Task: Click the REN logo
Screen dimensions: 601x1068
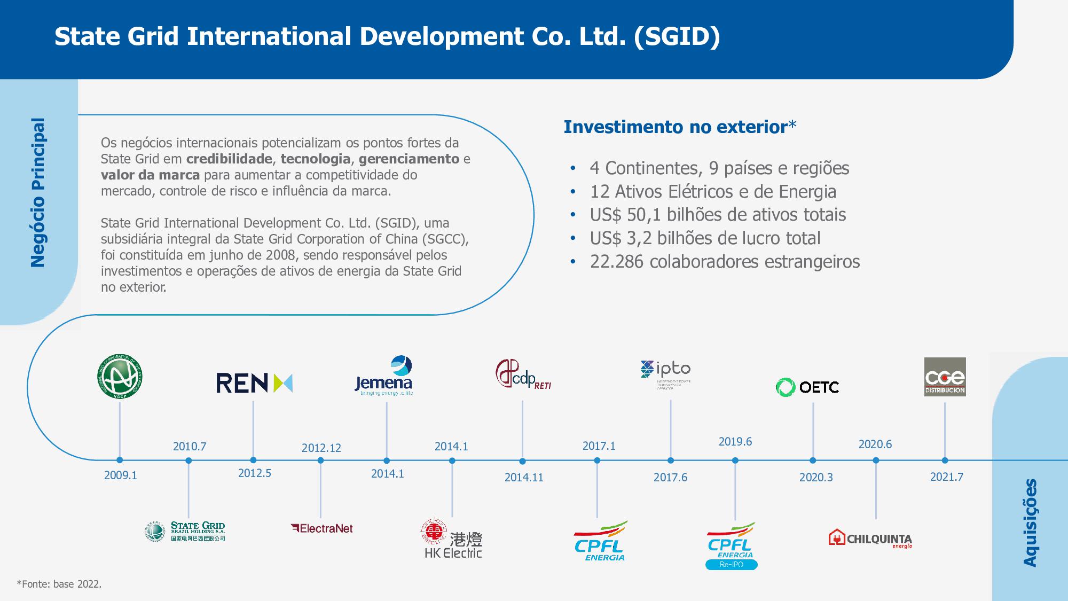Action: [x=254, y=383]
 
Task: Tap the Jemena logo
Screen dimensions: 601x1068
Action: [x=384, y=376]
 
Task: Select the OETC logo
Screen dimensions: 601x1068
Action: [x=807, y=387]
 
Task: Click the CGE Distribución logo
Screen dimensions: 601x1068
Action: [x=945, y=377]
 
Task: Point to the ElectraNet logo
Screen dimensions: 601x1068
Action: [x=322, y=528]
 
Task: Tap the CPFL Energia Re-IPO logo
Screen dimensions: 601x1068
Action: [x=731, y=546]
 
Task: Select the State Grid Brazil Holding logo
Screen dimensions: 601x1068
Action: [x=185, y=532]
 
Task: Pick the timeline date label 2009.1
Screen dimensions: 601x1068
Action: [x=121, y=475]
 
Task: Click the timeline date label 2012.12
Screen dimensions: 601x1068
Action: [x=321, y=448]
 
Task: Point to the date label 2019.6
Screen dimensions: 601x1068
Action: [x=735, y=441]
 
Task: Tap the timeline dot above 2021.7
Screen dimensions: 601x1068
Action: [x=945, y=460]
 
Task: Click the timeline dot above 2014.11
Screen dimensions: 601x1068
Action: [x=522, y=461]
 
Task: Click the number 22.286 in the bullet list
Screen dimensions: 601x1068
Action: [x=616, y=262]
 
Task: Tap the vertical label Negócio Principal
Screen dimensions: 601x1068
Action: [x=38, y=192]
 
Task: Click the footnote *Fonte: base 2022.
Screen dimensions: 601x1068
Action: [x=59, y=584]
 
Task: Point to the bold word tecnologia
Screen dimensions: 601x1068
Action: [x=315, y=159]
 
